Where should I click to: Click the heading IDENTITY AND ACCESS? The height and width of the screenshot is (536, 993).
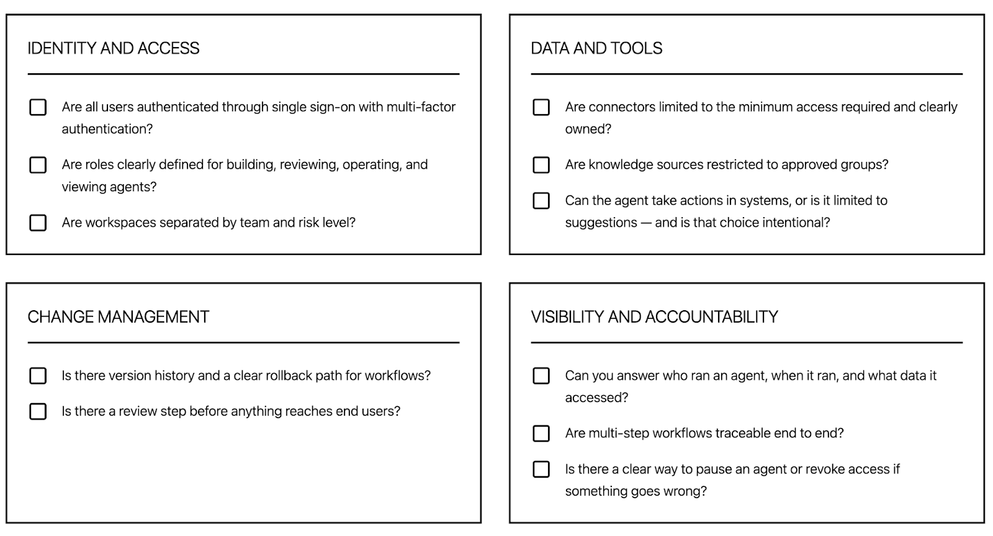click(114, 48)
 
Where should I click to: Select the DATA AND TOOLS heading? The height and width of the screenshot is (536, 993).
click(596, 48)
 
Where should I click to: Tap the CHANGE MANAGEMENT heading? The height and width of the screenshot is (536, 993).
click(119, 317)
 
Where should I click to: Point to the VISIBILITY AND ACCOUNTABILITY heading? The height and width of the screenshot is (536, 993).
click(654, 317)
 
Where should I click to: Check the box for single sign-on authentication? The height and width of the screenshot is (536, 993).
click(38, 107)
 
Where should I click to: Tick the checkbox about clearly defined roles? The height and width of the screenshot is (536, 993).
click(38, 165)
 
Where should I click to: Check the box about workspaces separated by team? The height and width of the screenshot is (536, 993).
click(38, 223)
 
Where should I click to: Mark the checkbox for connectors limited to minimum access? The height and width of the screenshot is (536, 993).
click(541, 107)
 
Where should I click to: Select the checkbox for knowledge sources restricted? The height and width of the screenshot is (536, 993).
click(541, 165)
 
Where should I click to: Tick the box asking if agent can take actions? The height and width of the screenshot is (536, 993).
click(541, 201)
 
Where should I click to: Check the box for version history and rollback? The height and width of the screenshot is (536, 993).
click(38, 376)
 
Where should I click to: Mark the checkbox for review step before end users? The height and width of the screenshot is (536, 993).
click(38, 411)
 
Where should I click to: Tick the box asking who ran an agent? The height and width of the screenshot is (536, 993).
click(541, 376)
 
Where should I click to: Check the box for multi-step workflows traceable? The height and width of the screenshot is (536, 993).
click(541, 434)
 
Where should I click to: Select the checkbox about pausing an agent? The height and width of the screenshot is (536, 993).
click(541, 470)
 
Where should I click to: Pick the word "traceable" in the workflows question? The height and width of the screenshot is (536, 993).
click(742, 433)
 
